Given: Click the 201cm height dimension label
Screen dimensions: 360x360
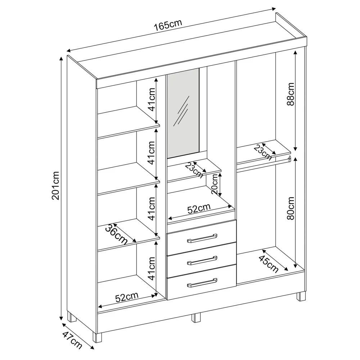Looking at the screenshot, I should coord(55,191).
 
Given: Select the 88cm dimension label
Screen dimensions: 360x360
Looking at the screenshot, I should coord(291,94).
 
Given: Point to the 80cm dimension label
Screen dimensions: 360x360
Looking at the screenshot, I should coord(291,208).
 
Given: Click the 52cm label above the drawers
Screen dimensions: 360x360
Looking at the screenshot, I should coord(199,209).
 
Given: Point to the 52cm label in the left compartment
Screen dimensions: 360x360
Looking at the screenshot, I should coord(127,297).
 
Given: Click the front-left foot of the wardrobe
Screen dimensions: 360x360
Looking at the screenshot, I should coord(97,337).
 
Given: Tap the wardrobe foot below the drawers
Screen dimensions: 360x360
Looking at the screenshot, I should coord(196,318).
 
